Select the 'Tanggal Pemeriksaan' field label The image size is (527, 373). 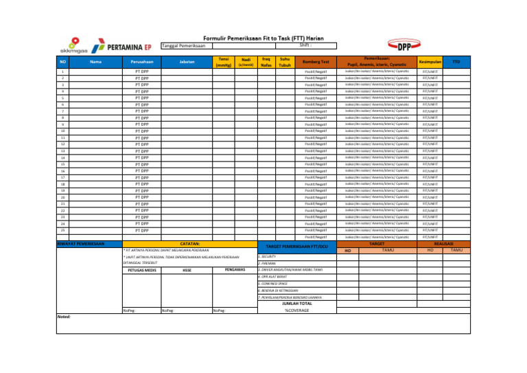click(183, 46)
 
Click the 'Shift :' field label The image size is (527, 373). click(296, 45)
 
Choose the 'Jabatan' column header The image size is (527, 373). click(186, 62)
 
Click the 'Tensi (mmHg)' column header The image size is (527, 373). click(223, 62)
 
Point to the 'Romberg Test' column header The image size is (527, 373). click(316, 62)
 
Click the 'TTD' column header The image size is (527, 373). click(456, 62)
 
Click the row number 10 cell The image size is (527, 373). click(62, 131)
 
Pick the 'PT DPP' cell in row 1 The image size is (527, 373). click(143, 71)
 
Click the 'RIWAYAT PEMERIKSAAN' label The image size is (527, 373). click(80, 243)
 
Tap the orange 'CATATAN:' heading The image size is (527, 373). click(189, 243)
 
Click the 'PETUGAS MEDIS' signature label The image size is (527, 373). click(139, 270)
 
